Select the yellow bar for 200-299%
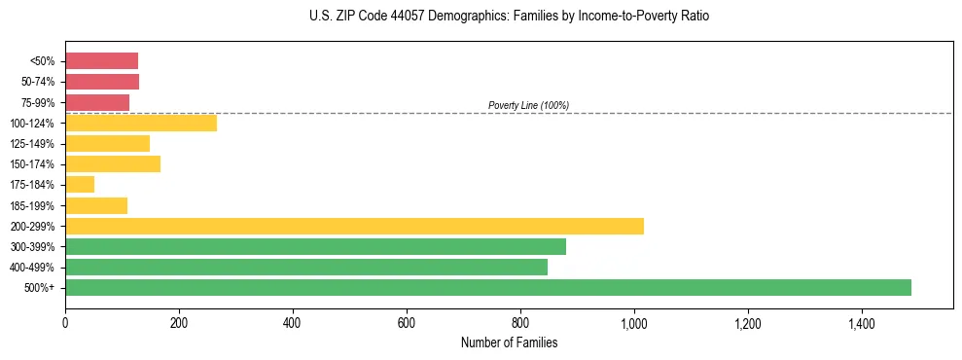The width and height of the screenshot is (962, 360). click(354, 226)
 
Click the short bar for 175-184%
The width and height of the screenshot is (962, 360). click(80, 185)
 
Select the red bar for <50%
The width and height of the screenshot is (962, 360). click(101, 60)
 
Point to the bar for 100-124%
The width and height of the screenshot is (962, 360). click(141, 123)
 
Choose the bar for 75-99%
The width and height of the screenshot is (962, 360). click(97, 102)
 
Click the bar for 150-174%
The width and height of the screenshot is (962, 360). click(113, 163)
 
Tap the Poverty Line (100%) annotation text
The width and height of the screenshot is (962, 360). click(528, 105)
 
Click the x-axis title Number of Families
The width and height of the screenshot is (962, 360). click(509, 342)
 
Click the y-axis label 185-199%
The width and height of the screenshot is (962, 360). click(32, 205)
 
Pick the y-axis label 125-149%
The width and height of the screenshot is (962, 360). click(32, 144)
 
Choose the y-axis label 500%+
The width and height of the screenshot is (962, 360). click(40, 288)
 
